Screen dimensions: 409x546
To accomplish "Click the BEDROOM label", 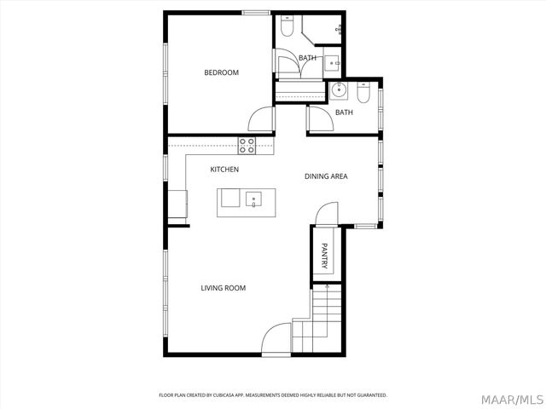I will point(221,72).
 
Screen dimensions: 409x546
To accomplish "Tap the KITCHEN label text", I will point(224,170).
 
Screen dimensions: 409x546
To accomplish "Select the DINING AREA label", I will point(326,176).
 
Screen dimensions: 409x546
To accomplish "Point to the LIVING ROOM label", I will point(223,288).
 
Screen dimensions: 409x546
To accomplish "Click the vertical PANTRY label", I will point(324,257).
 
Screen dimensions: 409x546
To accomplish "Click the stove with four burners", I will point(247,145).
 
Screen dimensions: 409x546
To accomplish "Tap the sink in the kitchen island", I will point(253,199).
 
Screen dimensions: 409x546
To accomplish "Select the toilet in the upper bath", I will point(288,28).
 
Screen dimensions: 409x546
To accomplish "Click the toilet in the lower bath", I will point(363,95).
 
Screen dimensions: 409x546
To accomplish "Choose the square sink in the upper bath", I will point(331,62).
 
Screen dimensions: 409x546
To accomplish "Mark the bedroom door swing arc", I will point(259,120).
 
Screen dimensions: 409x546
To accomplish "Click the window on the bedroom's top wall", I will point(256,12).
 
